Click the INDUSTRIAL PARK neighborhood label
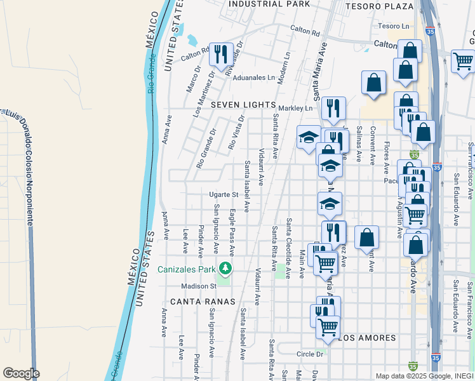[269, 4]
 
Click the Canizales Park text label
[187, 268]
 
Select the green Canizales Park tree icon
[224, 268]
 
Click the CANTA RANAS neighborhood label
[203, 301]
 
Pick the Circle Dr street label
[309, 354]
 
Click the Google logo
[21, 373]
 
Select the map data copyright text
[424, 376]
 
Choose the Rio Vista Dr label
[236, 133]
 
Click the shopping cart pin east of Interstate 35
[463, 61]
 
